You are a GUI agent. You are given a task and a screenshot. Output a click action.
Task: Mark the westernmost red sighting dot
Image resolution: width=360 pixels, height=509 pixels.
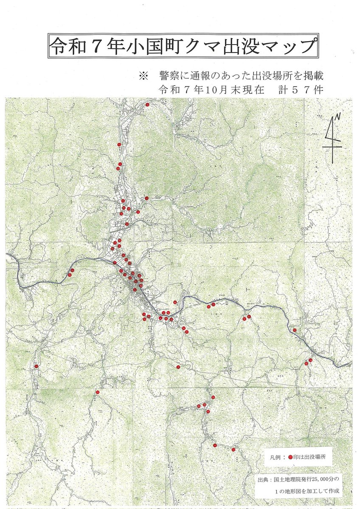coord(37,366)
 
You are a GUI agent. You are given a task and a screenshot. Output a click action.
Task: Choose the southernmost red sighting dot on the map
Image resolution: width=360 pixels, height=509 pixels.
coord(233,449)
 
